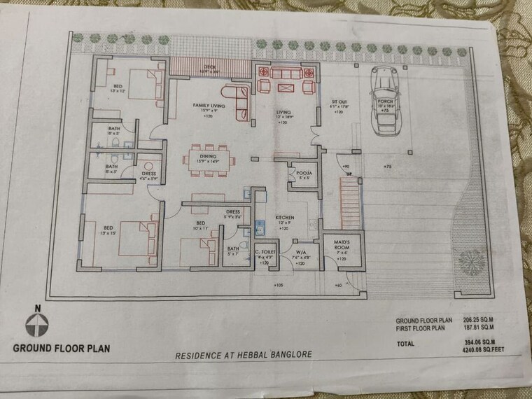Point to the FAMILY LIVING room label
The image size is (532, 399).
pos(207,105)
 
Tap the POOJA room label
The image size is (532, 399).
pos(303,171)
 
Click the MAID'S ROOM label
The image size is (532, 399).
pos(340,244)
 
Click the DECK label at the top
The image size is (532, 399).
pos(209,67)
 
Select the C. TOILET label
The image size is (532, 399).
pos(266,251)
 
